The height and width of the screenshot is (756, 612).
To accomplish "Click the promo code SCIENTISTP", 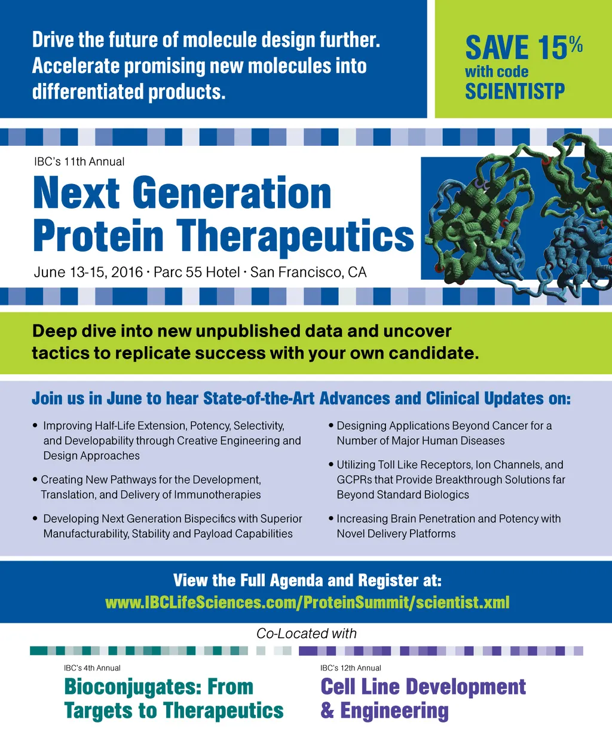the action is click(x=515, y=91).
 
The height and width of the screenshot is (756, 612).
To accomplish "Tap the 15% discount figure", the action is click(x=560, y=47).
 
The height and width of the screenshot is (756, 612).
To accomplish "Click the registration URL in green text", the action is click(x=307, y=602).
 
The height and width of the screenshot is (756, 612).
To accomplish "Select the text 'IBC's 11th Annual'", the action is click(x=79, y=162).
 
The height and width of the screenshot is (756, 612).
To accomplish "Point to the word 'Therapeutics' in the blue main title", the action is click(x=295, y=236).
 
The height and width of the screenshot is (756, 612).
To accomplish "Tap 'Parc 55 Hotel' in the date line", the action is click(x=197, y=273).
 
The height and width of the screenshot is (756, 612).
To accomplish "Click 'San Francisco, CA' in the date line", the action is click(x=308, y=273).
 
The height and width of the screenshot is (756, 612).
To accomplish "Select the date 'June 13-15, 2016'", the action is click(x=88, y=273).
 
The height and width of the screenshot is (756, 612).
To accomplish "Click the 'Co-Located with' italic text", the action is click(x=307, y=633).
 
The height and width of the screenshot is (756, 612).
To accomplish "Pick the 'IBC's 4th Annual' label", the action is click(x=92, y=668).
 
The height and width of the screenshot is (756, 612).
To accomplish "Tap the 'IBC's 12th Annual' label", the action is click(x=351, y=668).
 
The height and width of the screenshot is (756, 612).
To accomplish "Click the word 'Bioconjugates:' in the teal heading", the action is click(x=129, y=687).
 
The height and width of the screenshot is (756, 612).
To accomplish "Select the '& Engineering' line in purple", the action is click(x=384, y=711).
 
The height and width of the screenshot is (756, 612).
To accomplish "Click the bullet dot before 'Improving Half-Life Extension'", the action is click(x=35, y=425).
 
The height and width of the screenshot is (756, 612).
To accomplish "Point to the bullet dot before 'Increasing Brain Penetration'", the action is click(x=331, y=519).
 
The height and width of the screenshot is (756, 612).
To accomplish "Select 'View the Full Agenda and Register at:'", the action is click(x=307, y=581).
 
